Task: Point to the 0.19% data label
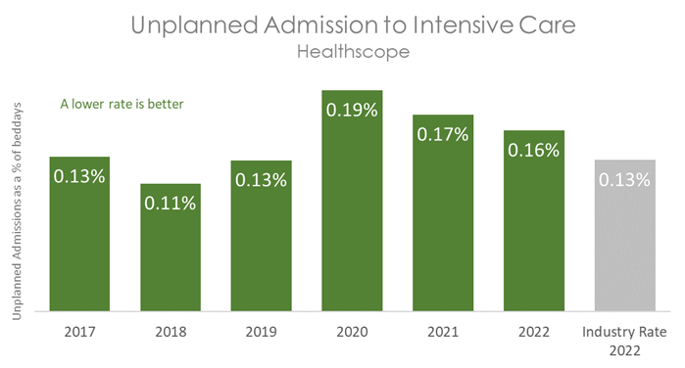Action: point(352,110)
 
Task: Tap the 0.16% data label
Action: point(534,150)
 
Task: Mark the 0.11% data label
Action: point(171,203)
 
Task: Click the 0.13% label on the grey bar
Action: point(624,179)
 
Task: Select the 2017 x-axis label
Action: point(79,331)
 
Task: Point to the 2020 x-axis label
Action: point(352,331)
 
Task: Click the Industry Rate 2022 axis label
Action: point(624,339)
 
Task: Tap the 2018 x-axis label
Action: point(171,331)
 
